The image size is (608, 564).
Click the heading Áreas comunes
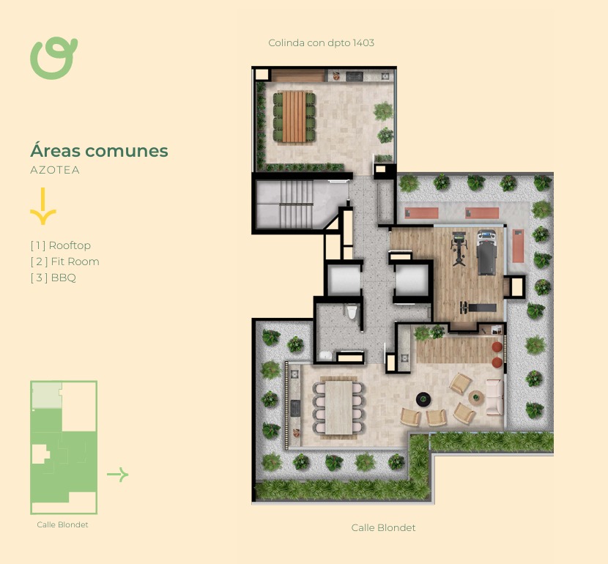pos(99,150)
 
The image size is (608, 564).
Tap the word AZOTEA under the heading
pos(55,170)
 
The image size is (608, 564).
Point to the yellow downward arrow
pos(43,207)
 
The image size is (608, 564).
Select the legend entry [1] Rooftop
pos(61,245)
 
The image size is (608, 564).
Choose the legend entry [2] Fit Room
pos(64,261)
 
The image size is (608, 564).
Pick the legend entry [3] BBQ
pos(53,278)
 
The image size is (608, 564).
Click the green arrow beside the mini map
pos(117,474)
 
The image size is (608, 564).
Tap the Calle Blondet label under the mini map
pos(62,524)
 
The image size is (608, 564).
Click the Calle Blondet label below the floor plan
pos(383,527)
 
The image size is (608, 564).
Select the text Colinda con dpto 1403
pos(321,42)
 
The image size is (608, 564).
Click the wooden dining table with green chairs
pos(294,116)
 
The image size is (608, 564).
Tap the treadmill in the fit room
pos(486,252)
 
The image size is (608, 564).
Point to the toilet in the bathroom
pos(352,311)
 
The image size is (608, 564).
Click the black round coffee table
pos(423,399)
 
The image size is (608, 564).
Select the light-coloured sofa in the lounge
pos(494,397)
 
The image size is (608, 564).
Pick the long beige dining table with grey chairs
pos(338,407)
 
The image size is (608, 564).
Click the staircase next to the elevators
pos(296,204)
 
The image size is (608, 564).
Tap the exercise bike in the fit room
pos(459,248)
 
